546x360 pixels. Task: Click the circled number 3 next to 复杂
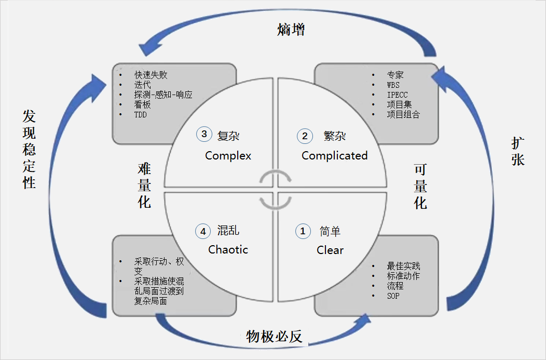coord(204,134)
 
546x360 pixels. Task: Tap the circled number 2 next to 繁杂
coord(305,136)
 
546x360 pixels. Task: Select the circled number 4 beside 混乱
coord(202,231)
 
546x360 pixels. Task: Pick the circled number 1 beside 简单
coord(303,231)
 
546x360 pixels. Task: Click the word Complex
coord(228,155)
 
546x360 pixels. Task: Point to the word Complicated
coord(334,155)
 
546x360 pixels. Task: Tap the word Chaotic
coord(228,249)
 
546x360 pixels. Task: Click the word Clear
coord(330,250)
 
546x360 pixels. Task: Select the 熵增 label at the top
coord(291,30)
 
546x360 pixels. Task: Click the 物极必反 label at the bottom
coord(274,337)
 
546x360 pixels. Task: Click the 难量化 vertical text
coord(144,185)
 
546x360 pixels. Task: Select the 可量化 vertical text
coord(420,186)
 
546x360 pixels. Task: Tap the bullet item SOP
coord(393,296)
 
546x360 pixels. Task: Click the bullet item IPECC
coord(397,95)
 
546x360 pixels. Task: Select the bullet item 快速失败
coord(151,75)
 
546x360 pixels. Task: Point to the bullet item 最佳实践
coord(403,266)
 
